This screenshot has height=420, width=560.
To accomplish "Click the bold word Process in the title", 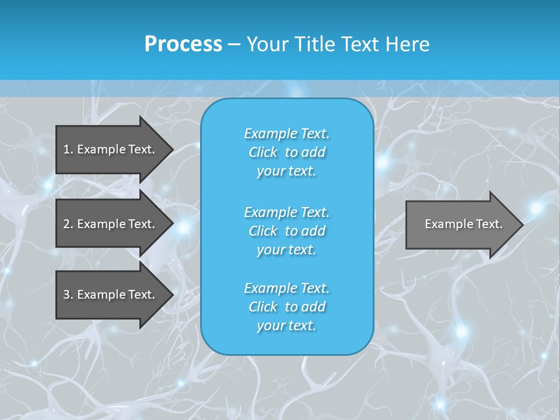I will (x=183, y=44).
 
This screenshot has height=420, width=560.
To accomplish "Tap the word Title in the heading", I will (x=314, y=44).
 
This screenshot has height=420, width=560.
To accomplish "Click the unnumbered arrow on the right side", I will (x=461, y=224).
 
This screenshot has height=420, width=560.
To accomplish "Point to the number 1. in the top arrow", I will (x=68, y=149).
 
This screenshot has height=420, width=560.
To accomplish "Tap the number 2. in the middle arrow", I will (x=68, y=224).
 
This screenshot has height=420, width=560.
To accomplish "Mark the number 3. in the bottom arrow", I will (x=68, y=295).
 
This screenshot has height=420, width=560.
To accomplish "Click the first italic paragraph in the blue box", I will (x=286, y=152).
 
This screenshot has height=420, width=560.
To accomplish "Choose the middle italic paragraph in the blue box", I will (x=286, y=230).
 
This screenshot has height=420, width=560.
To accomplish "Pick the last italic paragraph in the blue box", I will (x=286, y=307).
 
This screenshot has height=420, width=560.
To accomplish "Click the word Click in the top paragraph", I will (x=262, y=152).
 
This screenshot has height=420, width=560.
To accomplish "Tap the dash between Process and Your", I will (x=234, y=44).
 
